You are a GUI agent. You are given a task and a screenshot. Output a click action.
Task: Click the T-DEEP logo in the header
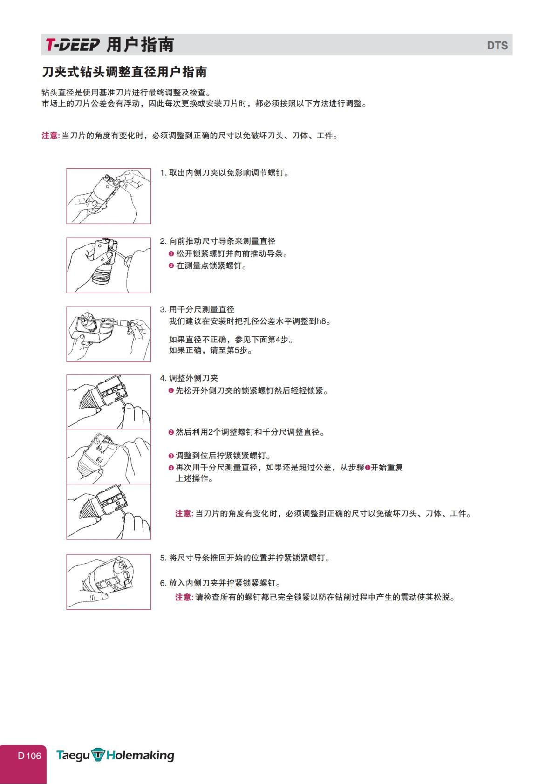click(x=72, y=45)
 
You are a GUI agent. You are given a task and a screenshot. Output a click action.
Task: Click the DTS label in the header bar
click(x=497, y=46)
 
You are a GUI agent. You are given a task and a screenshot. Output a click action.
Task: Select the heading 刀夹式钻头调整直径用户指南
click(x=124, y=72)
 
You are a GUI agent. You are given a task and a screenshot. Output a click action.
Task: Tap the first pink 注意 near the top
click(x=50, y=136)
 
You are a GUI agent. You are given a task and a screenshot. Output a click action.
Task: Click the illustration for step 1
click(x=109, y=196)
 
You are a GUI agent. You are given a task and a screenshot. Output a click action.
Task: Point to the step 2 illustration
click(x=109, y=265)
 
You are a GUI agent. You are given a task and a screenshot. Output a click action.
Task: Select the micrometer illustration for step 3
click(x=109, y=334)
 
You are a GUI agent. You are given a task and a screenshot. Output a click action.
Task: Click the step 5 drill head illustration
click(x=109, y=582)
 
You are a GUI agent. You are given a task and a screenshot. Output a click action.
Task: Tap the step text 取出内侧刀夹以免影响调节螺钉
click(x=228, y=173)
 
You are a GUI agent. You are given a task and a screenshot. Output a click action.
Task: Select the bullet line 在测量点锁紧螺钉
click(x=211, y=266)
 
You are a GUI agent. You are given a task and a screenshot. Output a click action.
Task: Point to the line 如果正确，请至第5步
click(x=211, y=350)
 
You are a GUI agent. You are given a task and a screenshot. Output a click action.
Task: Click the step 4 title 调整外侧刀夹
click(x=193, y=378)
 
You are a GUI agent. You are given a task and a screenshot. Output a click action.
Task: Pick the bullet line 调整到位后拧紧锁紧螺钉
click(x=223, y=456)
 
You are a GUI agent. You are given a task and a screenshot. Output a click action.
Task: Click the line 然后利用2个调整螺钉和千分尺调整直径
click(x=250, y=432)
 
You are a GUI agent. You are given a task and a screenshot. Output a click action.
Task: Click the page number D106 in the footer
click(x=29, y=756)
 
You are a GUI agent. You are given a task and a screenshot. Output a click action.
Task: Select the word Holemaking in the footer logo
click(x=140, y=756)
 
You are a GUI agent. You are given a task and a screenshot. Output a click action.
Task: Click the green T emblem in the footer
click(x=98, y=755)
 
